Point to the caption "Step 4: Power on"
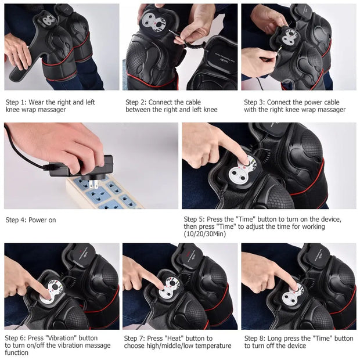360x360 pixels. (x=31, y=220)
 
